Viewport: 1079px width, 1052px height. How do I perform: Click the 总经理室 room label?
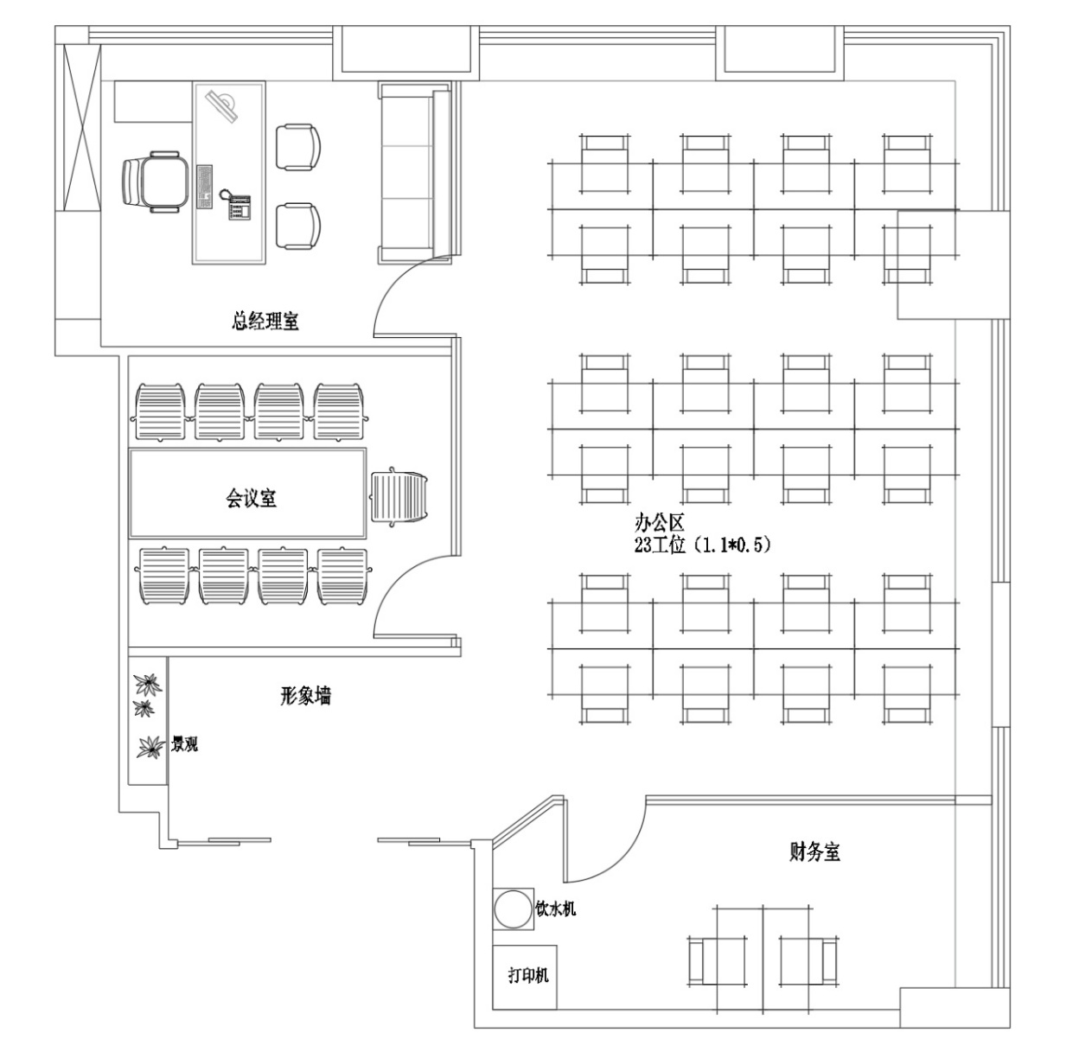[265, 322]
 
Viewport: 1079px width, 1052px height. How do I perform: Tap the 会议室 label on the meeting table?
[251, 498]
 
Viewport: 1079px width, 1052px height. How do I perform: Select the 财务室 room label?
[814, 851]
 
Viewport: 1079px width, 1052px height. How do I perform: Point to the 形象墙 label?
[305, 695]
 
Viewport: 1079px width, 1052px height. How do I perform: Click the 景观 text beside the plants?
[184, 743]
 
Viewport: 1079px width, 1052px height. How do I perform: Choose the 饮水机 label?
[555, 909]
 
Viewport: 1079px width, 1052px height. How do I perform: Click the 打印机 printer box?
[527, 975]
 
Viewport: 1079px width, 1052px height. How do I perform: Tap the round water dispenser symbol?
[512, 909]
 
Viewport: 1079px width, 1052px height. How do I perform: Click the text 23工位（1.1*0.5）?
[701, 545]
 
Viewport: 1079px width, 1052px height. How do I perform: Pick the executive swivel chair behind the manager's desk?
[154, 182]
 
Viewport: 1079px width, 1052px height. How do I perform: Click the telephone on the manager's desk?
[238, 205]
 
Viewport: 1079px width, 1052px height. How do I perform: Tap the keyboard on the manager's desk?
[205, 186]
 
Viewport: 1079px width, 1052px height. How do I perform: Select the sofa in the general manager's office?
[414, 173]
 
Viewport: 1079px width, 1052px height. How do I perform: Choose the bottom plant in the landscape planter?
[150, 746]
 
